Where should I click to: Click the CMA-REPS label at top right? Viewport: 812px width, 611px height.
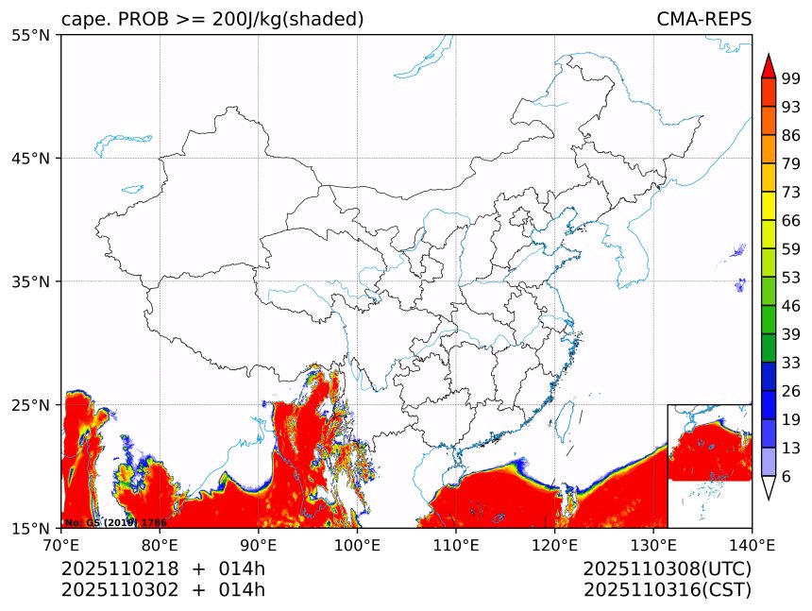(x=703, y=19)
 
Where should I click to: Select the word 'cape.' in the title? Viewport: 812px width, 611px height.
(x=82, y=19)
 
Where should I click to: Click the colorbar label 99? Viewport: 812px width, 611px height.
(x=791, y=78)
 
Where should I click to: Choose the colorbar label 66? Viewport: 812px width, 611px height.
(x=791, y=220)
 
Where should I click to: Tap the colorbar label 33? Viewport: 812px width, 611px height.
(x=791, y=363)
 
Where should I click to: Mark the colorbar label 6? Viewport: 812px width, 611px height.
(x=787, y=477)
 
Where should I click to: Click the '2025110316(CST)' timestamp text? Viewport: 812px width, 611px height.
(x=667, y=590)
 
